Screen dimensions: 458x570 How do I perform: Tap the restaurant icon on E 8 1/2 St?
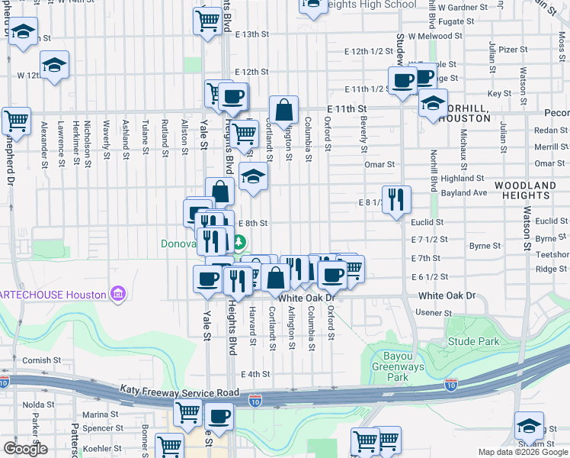[x=396, y=200]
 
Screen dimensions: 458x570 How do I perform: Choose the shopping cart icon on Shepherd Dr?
[x=15, y=121]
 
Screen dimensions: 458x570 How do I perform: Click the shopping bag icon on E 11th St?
[x=283, y=111]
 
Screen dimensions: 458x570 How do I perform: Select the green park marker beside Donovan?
[x=239, y=244]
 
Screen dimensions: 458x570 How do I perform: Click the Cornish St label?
[x=41, y=360]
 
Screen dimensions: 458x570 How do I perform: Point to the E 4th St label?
[x=255, y=374]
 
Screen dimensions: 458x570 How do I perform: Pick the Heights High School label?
[x=370, y=5]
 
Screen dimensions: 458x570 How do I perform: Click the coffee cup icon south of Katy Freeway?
[x=219, y=417]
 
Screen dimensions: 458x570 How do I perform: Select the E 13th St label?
[x=252, y=34]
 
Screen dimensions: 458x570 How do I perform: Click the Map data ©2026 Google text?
[x=523, y=452]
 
